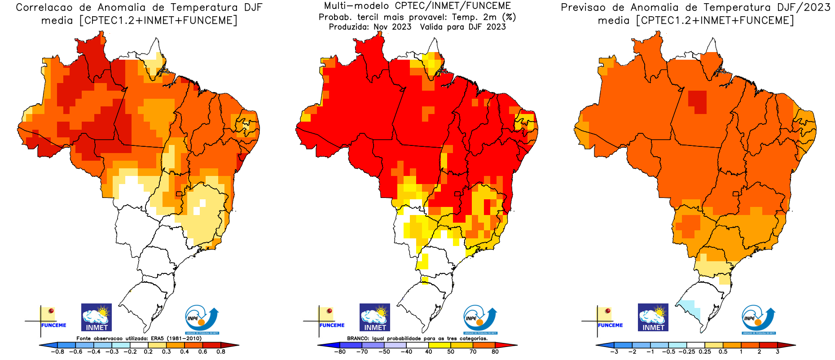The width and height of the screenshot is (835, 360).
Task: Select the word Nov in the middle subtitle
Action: coord(381,27)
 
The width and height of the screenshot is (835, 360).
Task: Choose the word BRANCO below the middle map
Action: coord(358,338)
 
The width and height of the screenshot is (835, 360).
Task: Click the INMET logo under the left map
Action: coord(97,317)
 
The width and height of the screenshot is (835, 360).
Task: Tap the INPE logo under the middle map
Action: coord(480,319)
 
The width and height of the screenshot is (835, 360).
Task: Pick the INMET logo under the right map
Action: coord(653,317)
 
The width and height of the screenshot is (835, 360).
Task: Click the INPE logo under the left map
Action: coord(202,319)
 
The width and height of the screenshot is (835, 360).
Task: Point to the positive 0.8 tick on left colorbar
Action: coord(220,351)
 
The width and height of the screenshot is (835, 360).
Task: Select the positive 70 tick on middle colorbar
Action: coord(473,351)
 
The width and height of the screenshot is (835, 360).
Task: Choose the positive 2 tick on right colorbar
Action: coord(759,351)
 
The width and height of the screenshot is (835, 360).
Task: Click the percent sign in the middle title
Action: coord(509,17)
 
